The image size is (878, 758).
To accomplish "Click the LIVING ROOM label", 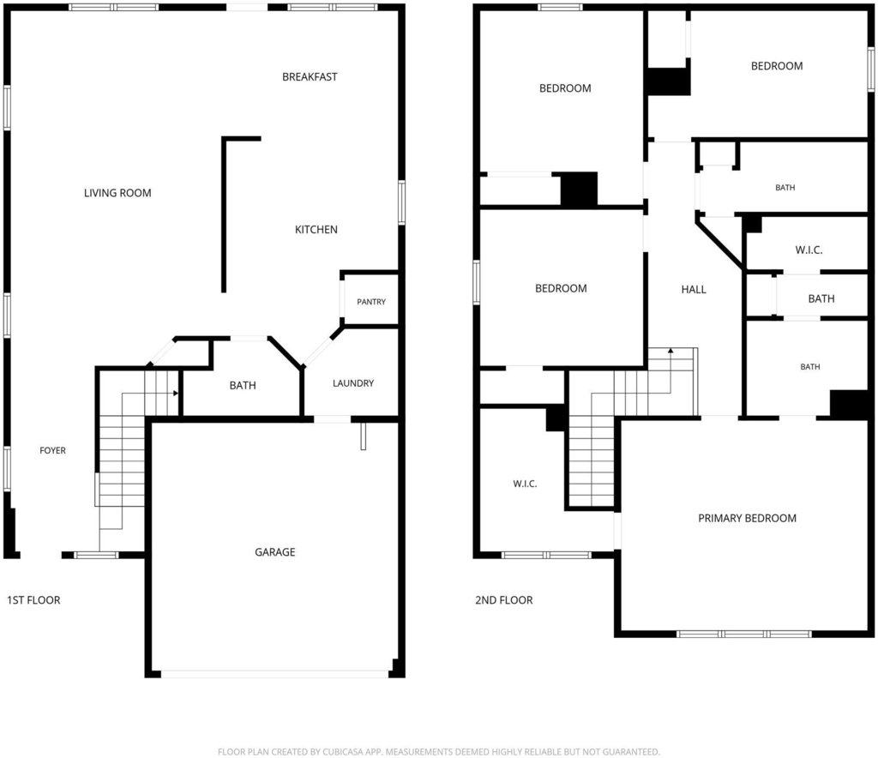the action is [117, 193].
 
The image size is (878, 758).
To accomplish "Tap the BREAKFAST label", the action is [310, 77].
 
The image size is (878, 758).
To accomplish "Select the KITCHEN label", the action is [316, 230].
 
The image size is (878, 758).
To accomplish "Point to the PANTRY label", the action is [371, 302].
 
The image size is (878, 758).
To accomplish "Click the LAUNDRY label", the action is [353, 383].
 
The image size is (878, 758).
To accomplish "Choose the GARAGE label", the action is [275, 552].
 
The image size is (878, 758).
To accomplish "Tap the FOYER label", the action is [52, 451].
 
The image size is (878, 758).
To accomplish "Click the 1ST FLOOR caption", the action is [33, 600].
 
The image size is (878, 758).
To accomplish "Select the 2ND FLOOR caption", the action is [504, 600].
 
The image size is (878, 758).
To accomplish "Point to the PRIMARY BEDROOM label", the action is [747, 519].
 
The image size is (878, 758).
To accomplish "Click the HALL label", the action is [694, 290].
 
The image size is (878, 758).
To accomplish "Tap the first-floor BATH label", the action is [243, 386].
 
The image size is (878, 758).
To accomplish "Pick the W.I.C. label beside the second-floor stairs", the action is [526, 484].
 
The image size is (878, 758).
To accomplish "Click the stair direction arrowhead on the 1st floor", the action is [176, 394].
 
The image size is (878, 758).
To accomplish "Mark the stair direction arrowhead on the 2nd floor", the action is [671, 351].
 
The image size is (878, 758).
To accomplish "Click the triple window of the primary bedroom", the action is [744, 635].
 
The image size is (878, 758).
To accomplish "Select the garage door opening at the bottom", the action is [274, 674].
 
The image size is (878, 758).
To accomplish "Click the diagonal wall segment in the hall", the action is [720, 246].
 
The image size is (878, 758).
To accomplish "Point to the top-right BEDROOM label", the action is [777, 66].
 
